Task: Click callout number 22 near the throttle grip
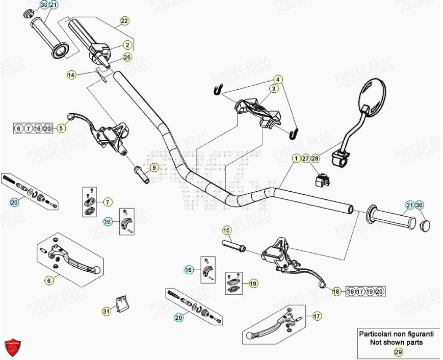click(x=124, y=21)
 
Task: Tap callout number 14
click(x=72, y=75)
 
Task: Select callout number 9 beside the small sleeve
click(x=153, y=167)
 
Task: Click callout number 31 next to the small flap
click(x=106, y=311)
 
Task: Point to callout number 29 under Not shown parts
click(x=397, y=352)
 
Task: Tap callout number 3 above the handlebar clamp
click(x=274, y=89)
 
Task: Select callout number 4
click(x=278, y=80)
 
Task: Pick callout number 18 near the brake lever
click(x=335, y=291)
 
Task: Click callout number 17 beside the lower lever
click(x=317, y=316)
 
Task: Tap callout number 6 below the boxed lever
click(x=49, y=279)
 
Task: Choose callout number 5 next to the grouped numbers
click(x=61, y=128)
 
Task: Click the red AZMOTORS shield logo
click(x=13, y=347)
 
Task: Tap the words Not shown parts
click(x=396, y=342)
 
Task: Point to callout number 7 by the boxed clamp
click(x=108, y=202)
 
